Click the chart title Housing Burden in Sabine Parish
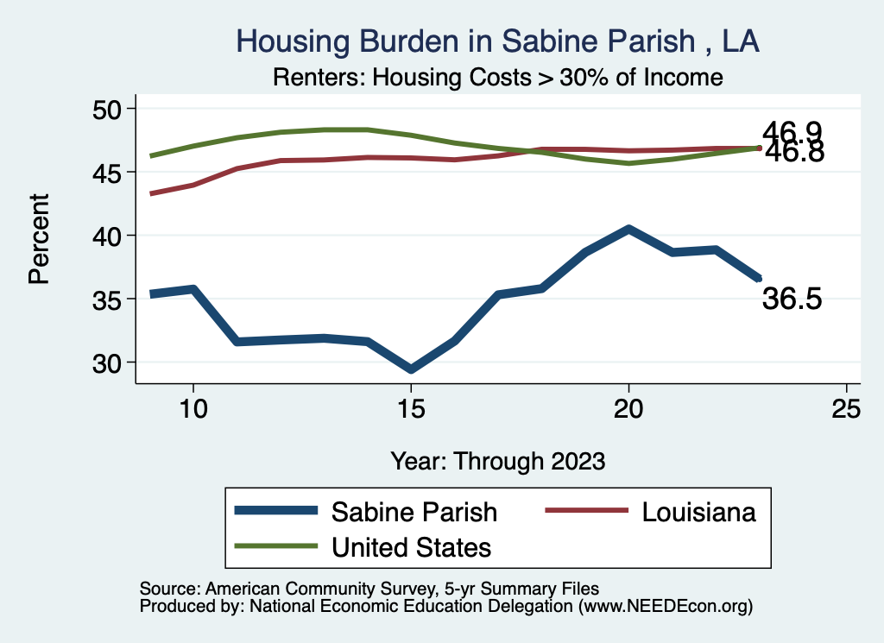497,41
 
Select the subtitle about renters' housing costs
497,77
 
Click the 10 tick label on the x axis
193,409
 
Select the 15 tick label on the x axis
411,409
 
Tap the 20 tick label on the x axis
628,409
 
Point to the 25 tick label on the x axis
846,409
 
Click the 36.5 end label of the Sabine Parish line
792,299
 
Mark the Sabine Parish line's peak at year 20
628,230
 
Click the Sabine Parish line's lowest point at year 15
411,369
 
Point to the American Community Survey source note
369,588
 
